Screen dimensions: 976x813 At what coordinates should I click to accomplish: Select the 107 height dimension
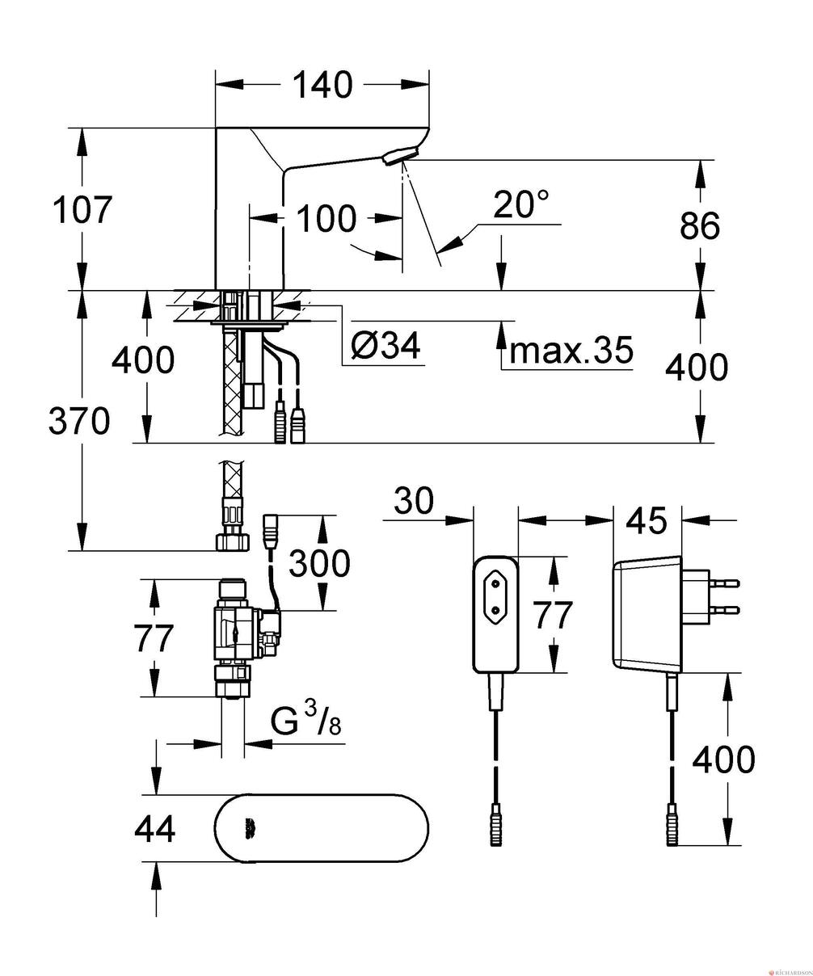click(81, 210)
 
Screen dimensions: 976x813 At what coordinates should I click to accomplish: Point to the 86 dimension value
click(700, 226)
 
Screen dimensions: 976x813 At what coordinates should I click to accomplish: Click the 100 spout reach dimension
click(326, 218)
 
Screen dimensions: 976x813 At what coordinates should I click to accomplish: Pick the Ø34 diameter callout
click(385, 347)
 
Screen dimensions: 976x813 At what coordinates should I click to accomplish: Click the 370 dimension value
click(79, 420)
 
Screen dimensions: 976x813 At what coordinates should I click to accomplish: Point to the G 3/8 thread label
click(305, 721)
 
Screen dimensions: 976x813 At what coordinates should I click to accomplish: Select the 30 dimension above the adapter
click(414, 502)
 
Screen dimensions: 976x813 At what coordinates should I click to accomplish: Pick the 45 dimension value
click(647, 522)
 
